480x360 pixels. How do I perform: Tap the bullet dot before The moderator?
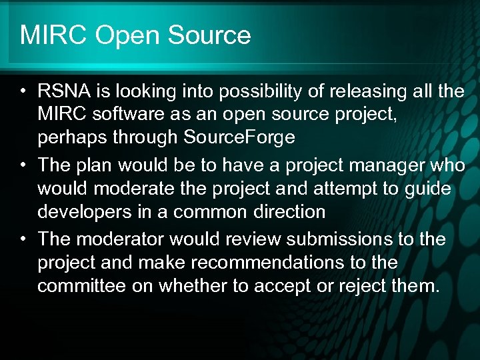tap(23, 239)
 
